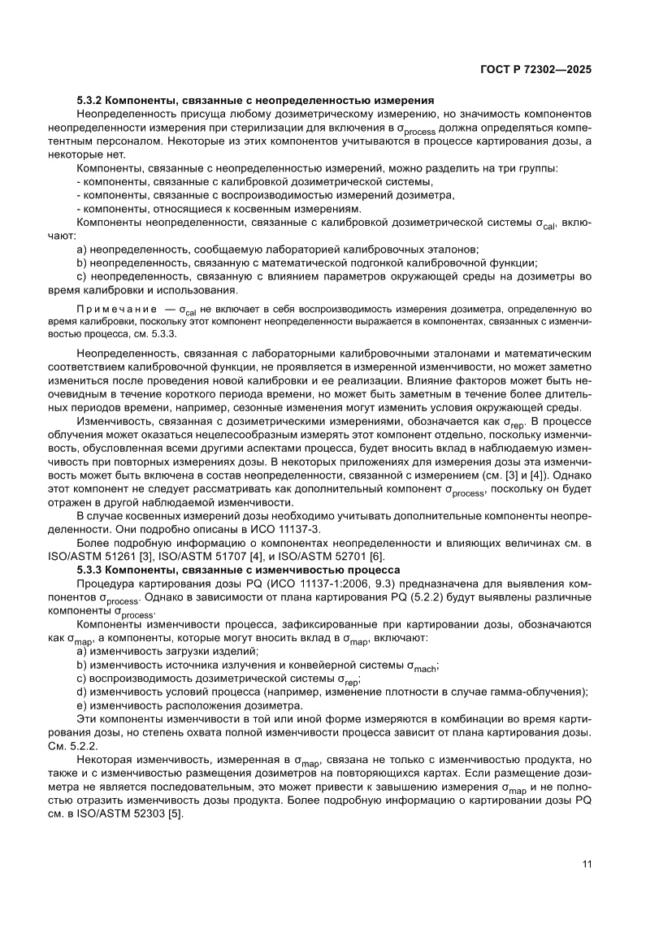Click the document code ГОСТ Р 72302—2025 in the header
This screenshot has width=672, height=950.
pos(534,69)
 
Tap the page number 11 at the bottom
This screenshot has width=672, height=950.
pos(587,864)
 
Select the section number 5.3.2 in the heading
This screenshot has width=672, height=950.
pos(90,101)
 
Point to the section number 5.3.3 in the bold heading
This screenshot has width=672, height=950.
pos(90,570)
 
